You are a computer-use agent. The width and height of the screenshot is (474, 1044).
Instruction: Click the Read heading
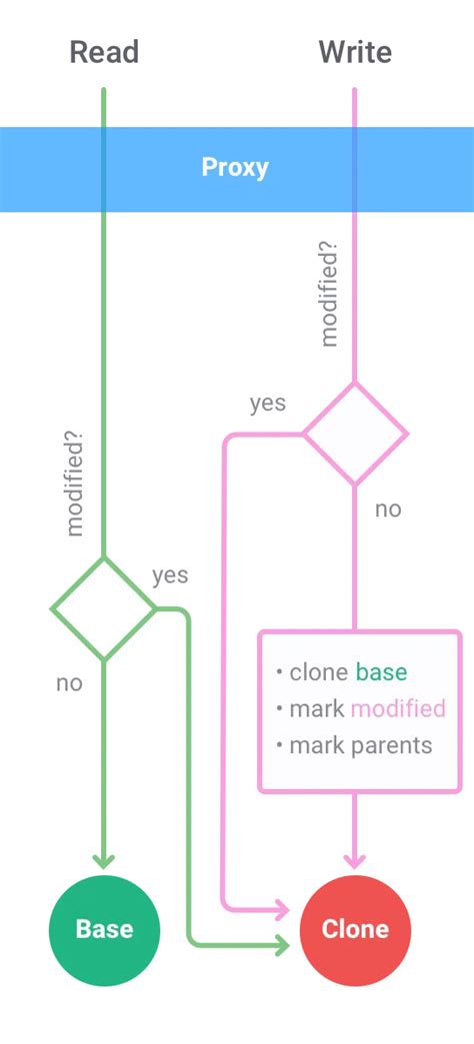pyautogui.click(x=104, y=52)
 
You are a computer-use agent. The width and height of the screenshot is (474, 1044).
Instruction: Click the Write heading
pyautogui.click(x=355, y=52)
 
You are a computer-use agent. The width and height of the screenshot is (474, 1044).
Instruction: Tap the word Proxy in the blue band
pyautogui.click(x=235, y=169)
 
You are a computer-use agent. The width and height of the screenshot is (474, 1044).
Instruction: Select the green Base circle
pyautogui.click(x=104, y=930)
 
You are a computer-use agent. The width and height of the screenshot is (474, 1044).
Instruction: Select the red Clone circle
pyautogui.click(x=355, y=930)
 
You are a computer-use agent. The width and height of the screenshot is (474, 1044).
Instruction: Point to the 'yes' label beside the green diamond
pyautogui.click(x=170, y=575)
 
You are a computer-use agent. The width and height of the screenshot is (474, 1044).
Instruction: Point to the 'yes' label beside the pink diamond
pyautogui.click(x=267, y=404)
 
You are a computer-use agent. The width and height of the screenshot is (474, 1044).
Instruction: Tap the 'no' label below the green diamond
pyautogui.click(x=69, y=683)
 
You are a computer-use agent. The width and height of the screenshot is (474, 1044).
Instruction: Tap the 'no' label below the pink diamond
pyautogui.click(x=388, y=510)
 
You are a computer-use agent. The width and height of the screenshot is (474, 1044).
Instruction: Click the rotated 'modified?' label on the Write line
pyautogui.click(x=329, y=295)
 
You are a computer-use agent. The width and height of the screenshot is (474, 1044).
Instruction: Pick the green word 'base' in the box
pyautogui.click(x=381, y=671)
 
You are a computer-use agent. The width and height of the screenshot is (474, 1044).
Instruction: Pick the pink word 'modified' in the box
pyautogui.click(x=398, y=708)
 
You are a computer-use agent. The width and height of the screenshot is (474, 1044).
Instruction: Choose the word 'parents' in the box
pyautogui.click(x=392, y=745)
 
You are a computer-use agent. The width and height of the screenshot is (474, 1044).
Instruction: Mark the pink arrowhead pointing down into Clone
pyautogui.click(x=355, y=862)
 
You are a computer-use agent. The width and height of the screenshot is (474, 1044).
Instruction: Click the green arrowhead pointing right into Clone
pyautogui.click(x=283, y=944)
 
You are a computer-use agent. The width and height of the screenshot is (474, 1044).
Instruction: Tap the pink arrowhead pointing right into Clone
pyautogui.click(x=283, y=908)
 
